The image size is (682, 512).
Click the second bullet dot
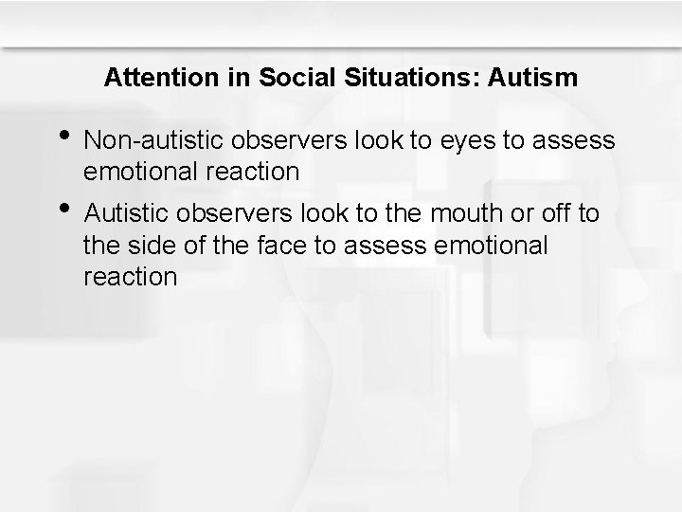(63, 209)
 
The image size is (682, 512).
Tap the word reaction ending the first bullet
(252, 173)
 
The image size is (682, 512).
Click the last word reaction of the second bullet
(130, 277)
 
